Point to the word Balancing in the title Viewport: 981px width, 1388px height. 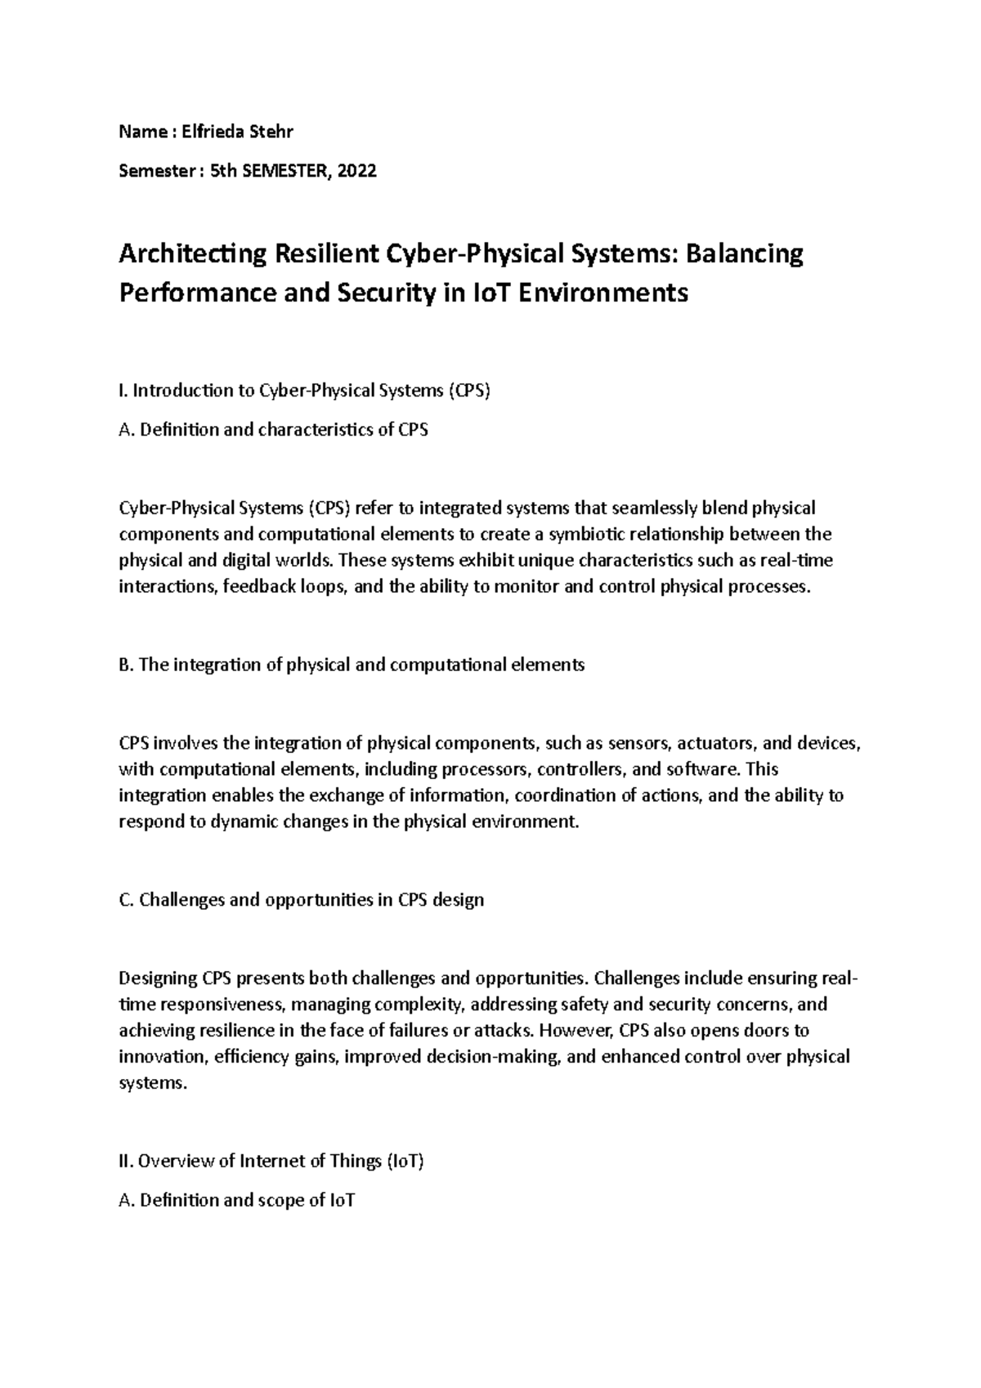tap(744, 255)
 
